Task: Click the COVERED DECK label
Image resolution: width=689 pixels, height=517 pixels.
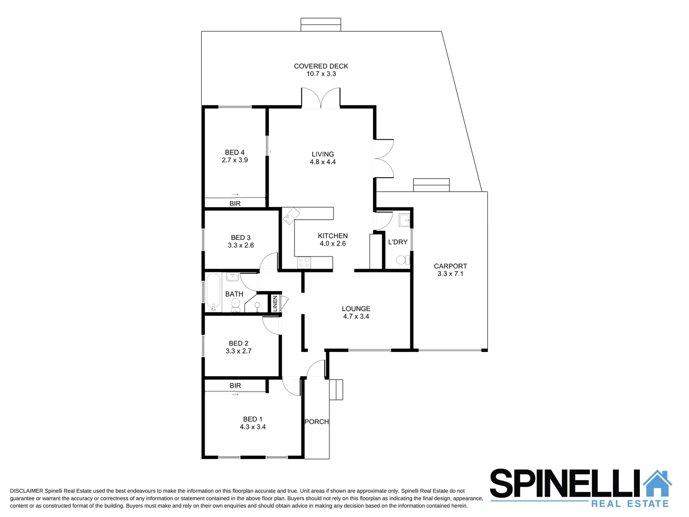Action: click(x=321, y=66)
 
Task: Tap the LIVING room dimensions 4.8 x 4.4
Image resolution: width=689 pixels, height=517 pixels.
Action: click(x=323, y=162)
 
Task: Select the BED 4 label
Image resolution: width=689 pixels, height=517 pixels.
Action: click(x=235, y=152)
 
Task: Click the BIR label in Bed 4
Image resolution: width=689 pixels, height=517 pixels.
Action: click(x=235, y=203)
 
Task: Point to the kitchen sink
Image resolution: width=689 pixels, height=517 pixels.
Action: click(x=290, y=218)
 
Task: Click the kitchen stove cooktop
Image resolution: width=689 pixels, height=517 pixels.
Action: click(x=304, y=262)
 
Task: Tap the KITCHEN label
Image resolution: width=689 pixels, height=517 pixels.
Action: click(x=333, y=236)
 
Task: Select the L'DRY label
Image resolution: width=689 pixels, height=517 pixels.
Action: click(x=398, y=242)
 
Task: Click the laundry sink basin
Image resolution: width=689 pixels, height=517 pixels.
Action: click(x=404, y=220)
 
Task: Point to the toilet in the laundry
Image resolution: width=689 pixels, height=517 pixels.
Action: click(x=403, y=260)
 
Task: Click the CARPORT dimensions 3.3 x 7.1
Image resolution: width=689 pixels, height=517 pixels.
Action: click(x=450, y=274)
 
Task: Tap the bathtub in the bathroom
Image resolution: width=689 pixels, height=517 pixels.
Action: click(x=213, y=292)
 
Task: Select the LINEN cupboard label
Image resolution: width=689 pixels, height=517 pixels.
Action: click(x=275, y=303)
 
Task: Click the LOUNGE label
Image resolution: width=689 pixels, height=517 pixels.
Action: click(x=356, y=309)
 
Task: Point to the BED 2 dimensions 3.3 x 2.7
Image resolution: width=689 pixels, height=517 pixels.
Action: click(x=239, y=351)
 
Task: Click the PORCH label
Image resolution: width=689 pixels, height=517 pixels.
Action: click(x=317, y=422)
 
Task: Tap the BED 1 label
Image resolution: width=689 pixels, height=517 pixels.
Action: click(x=252, y=419)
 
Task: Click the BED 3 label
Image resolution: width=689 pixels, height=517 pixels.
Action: click(x=241, y=237)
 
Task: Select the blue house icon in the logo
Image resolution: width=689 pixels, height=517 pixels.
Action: click(x=657, y=483)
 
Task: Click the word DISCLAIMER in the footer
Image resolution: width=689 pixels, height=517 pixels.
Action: click(x=26, y=491)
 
